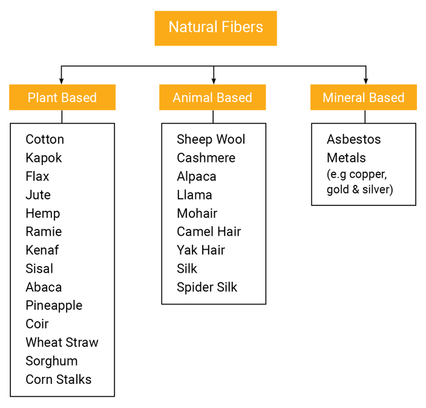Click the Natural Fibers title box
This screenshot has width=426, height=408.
[x=215, y=28]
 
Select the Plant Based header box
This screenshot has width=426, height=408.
[x=62, y=98]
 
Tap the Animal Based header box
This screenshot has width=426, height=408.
[x=212, y=98]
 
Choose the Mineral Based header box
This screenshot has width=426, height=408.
[x=363, y=98]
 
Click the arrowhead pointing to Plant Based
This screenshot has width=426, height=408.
[x=62, y=81]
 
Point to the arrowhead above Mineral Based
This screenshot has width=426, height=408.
[x=365, y=81]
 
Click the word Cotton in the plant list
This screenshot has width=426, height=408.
[x=45, y=139]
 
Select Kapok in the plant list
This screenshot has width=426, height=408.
[x=44, y=158]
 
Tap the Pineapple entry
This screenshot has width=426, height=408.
[x=54, y=306]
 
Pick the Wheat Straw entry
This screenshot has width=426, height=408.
[x=62, y=343]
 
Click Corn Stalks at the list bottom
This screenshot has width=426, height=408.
[x=59, y=380]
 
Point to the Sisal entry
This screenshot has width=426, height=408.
[x=39, y=269]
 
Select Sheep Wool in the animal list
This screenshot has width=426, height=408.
[x=211, y=139]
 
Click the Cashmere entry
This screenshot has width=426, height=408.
[x=206, y=158]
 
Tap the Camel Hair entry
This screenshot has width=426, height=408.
[x=209, y=232]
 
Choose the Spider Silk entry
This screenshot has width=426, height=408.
[x=207, y=287]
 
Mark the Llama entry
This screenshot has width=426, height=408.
[x=194, y=195]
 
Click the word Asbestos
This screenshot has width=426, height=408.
[x=354, y=139]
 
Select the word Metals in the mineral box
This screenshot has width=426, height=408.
[x=346, y=158]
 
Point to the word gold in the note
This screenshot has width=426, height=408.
[x=337, y=190]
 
